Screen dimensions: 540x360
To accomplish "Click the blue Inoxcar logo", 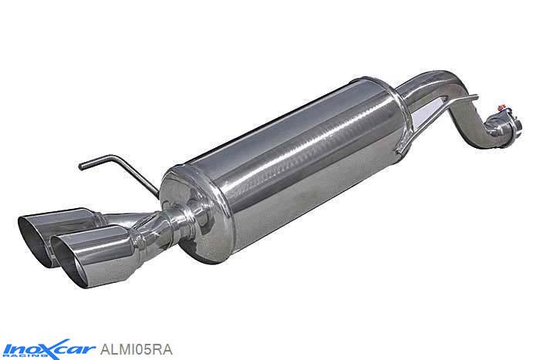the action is pos(48,349).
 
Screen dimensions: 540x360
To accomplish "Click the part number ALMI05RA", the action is pos(136,350).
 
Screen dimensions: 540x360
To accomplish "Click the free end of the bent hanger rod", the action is pos(81,167).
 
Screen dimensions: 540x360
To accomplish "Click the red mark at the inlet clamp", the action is pos(501,107).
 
